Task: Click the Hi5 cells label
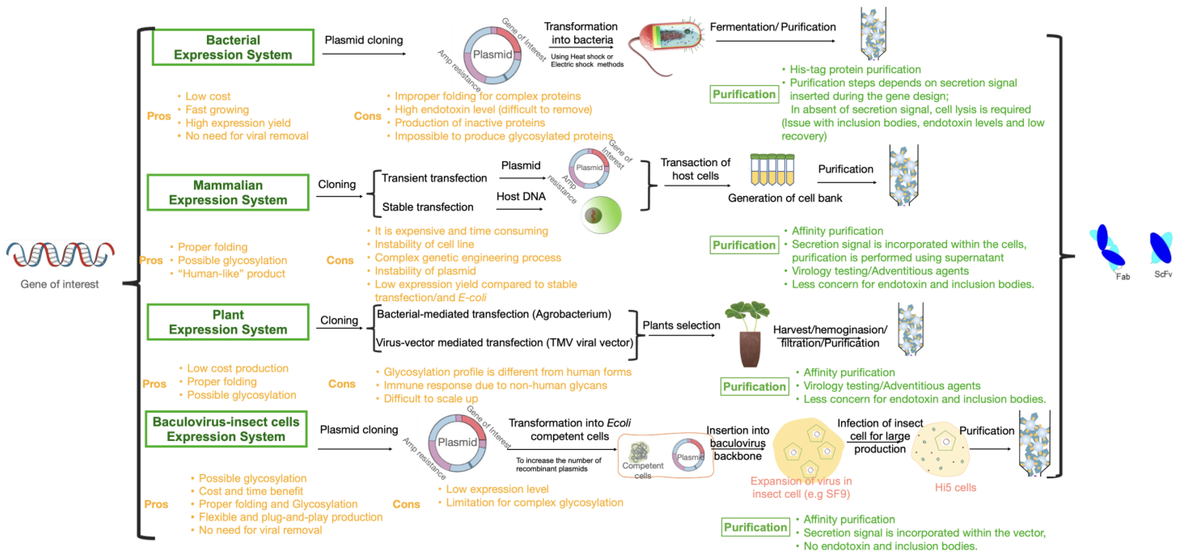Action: [955, 488]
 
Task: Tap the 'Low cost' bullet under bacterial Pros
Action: [208, 96]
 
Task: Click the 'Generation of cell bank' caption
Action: [785, 198]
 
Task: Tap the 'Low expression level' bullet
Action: [497, 489]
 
